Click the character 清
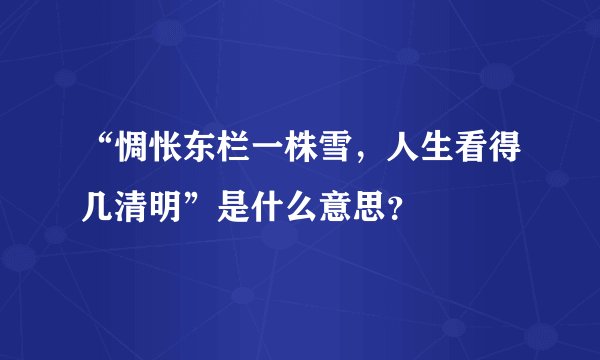pyautogui.click(x=140, y=206)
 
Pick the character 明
pyautogui.click(x=180, y=206)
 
